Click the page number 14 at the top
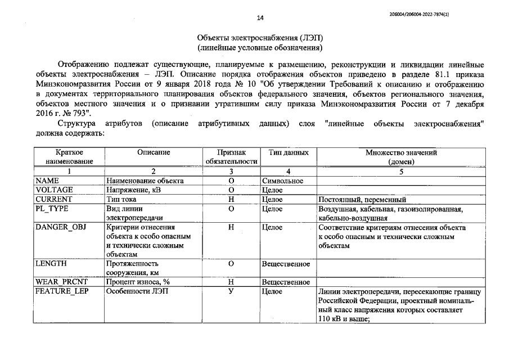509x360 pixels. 260,18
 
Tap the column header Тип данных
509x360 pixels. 288,152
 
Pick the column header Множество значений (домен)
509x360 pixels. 401,157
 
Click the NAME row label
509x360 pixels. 47,181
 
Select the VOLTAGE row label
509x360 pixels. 54,190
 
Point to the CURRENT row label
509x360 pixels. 53,199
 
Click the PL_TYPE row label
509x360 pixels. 52,209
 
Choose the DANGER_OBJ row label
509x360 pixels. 59,227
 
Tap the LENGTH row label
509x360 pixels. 51,263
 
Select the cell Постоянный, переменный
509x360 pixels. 362,199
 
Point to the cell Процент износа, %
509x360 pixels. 138,282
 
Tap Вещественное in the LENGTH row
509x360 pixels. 286,263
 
